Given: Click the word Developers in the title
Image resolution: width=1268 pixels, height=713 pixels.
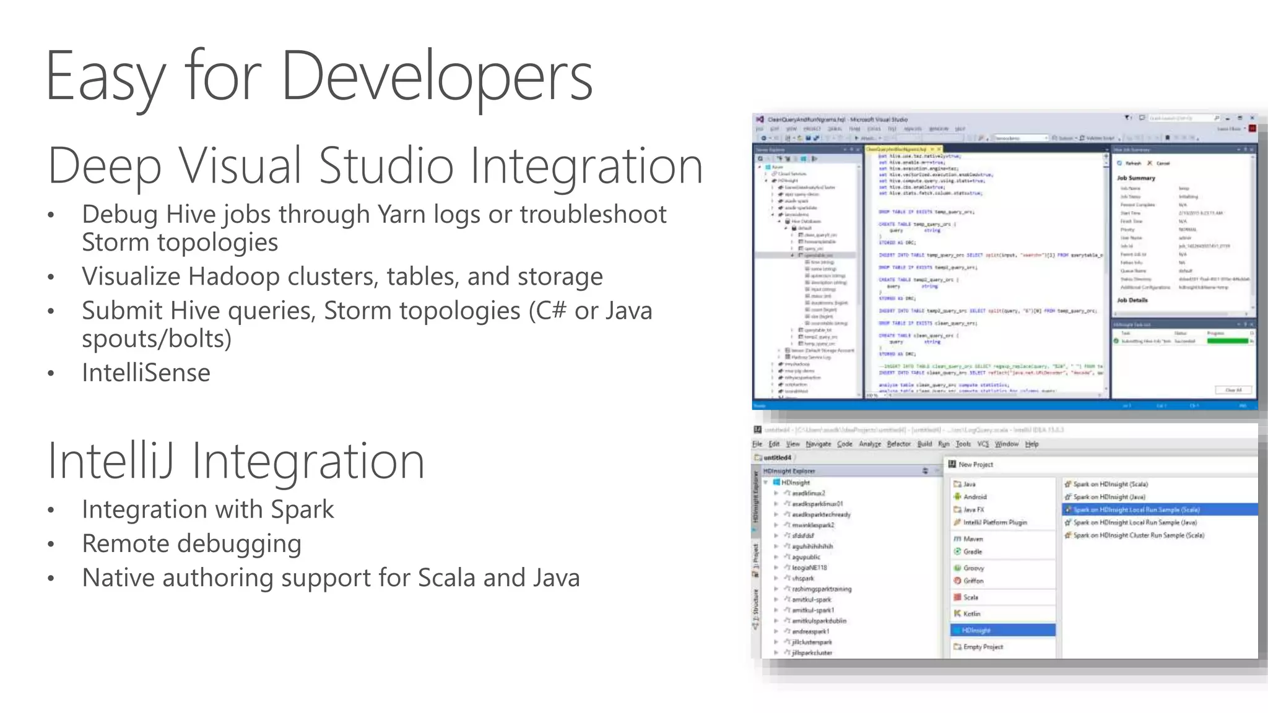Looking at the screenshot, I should (x=436, y=77).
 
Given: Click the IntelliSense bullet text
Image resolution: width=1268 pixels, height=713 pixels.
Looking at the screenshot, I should (x=146, y=373).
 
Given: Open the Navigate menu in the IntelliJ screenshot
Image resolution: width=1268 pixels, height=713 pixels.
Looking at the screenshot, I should (x=819, y=444).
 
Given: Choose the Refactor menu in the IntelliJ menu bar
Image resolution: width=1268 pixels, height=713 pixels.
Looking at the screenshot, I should (x=898, y=444).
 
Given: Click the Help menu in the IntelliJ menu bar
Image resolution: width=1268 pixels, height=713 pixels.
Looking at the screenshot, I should (x=1031, y=444).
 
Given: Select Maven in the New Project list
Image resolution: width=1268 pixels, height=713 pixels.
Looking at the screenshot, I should (x=973, y=539).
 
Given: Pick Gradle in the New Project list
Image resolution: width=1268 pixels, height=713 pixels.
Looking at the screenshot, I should (x=972, y=551).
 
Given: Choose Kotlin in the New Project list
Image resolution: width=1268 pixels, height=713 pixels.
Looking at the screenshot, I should (x=971, y=614).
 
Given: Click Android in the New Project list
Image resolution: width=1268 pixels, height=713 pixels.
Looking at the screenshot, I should (x=975, y=497).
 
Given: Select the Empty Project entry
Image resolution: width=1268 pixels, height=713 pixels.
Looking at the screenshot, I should (x=983, y=647).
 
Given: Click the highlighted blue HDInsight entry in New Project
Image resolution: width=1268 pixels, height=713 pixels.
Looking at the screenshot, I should (x=976, y=630).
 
